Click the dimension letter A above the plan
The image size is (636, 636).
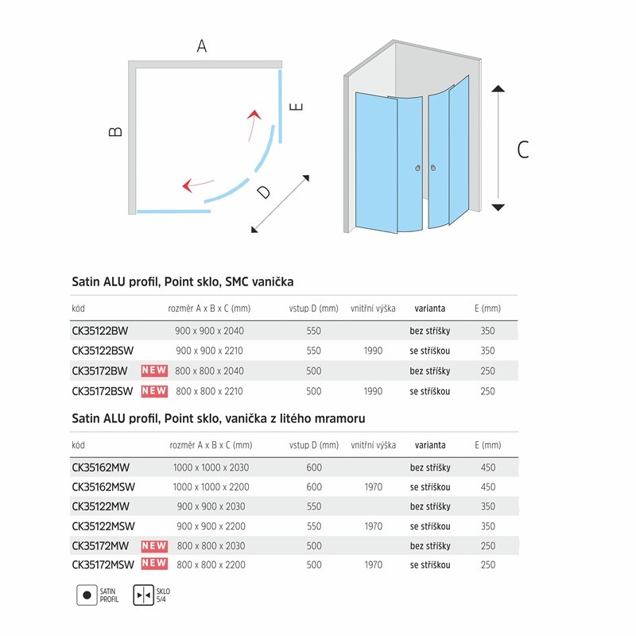(202, 46)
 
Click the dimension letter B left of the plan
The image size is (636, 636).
(116, 131)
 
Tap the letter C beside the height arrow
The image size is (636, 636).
(522, 149)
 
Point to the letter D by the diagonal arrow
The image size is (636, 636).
(263, 192)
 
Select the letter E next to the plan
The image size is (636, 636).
(297, 107)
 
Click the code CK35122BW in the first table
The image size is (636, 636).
(99, 331)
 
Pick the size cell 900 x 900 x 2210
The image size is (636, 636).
(209, 351)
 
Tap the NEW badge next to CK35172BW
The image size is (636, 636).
(154, 370)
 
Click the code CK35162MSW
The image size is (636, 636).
(104, 487)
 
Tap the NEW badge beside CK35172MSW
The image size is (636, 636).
(154, 564)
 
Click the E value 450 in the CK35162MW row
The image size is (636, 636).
(488, 467)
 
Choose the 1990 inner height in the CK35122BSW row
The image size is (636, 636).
(373, 351)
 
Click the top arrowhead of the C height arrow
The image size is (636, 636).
(498, 89)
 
